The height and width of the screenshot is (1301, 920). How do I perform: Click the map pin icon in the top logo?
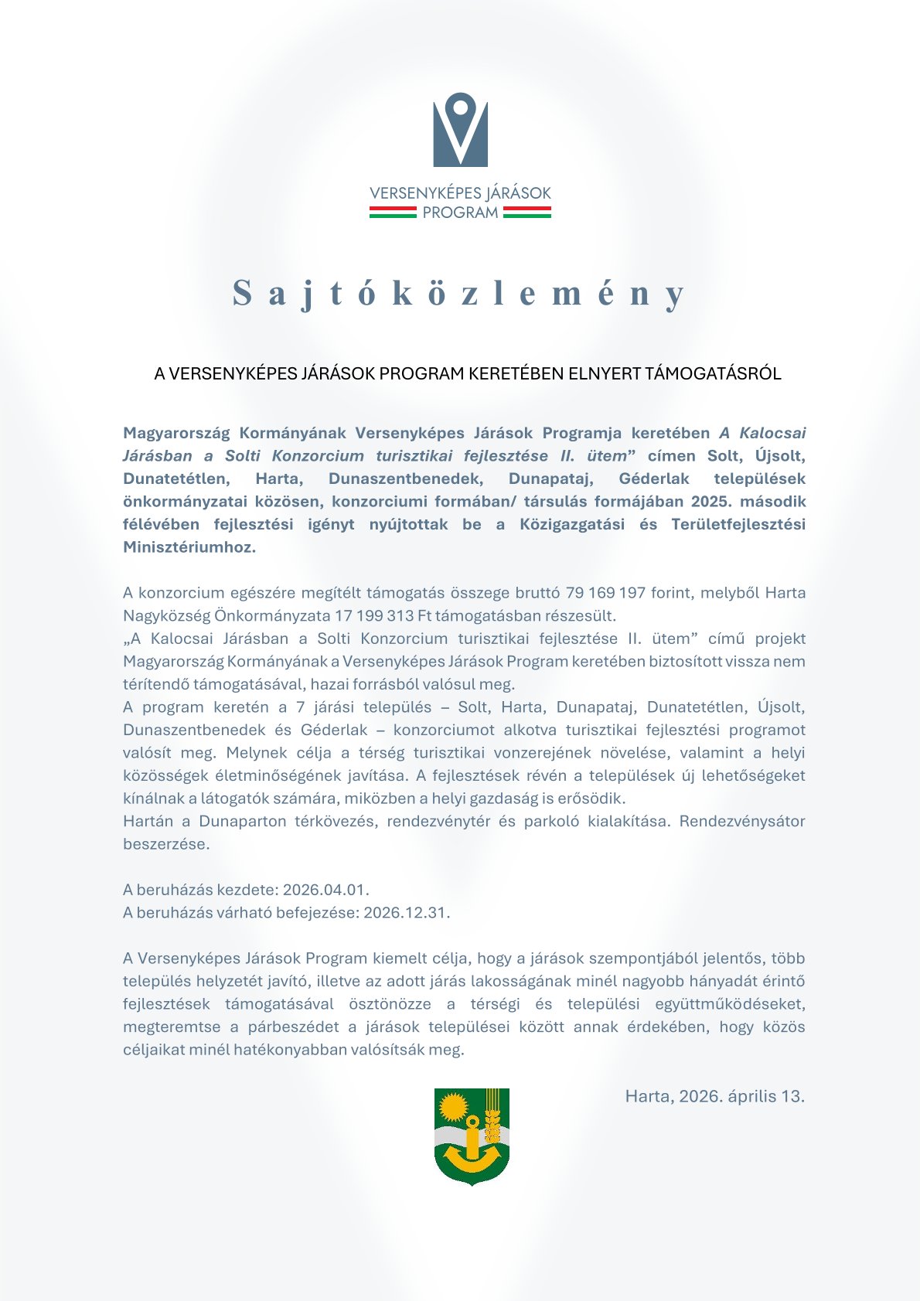point(460,128)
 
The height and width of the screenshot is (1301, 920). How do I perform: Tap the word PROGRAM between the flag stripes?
point(460,213)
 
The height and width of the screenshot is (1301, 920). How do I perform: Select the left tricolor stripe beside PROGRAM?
point(393,213)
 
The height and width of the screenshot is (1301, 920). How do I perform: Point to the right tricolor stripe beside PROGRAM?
point(527,213)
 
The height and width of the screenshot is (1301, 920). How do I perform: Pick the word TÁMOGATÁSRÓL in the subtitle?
point(713,374)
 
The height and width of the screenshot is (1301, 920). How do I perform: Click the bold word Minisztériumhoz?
point(189,547)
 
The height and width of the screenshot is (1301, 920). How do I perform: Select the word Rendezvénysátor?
point(742,821)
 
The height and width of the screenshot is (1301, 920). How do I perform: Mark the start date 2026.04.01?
point(325,890)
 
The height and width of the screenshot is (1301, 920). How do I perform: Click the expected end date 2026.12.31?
point(406,912)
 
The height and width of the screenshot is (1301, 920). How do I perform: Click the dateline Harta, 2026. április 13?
point(714,1096)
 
